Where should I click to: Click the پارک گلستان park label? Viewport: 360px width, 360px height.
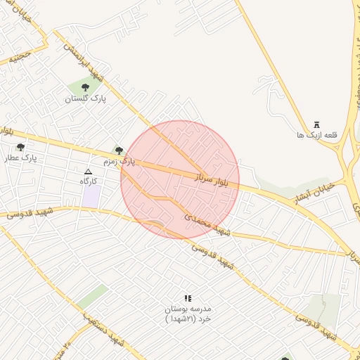85,99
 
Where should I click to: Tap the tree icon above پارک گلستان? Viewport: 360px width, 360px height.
85,87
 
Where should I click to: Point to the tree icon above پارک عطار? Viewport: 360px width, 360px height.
20,148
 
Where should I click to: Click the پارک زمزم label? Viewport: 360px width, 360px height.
118,162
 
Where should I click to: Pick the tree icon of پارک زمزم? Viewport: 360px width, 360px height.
119,150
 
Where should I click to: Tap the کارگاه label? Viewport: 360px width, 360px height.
89,181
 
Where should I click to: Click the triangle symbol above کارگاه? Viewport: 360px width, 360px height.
88,172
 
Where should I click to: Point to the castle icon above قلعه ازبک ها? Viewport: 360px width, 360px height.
317,124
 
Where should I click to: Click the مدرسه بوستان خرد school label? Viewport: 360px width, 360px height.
187,314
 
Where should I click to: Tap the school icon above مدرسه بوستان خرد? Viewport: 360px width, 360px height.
187,298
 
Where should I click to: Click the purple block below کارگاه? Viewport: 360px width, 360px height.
91,196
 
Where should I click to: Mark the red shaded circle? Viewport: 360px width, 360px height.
180,179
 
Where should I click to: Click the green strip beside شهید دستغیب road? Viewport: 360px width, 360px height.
92,297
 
